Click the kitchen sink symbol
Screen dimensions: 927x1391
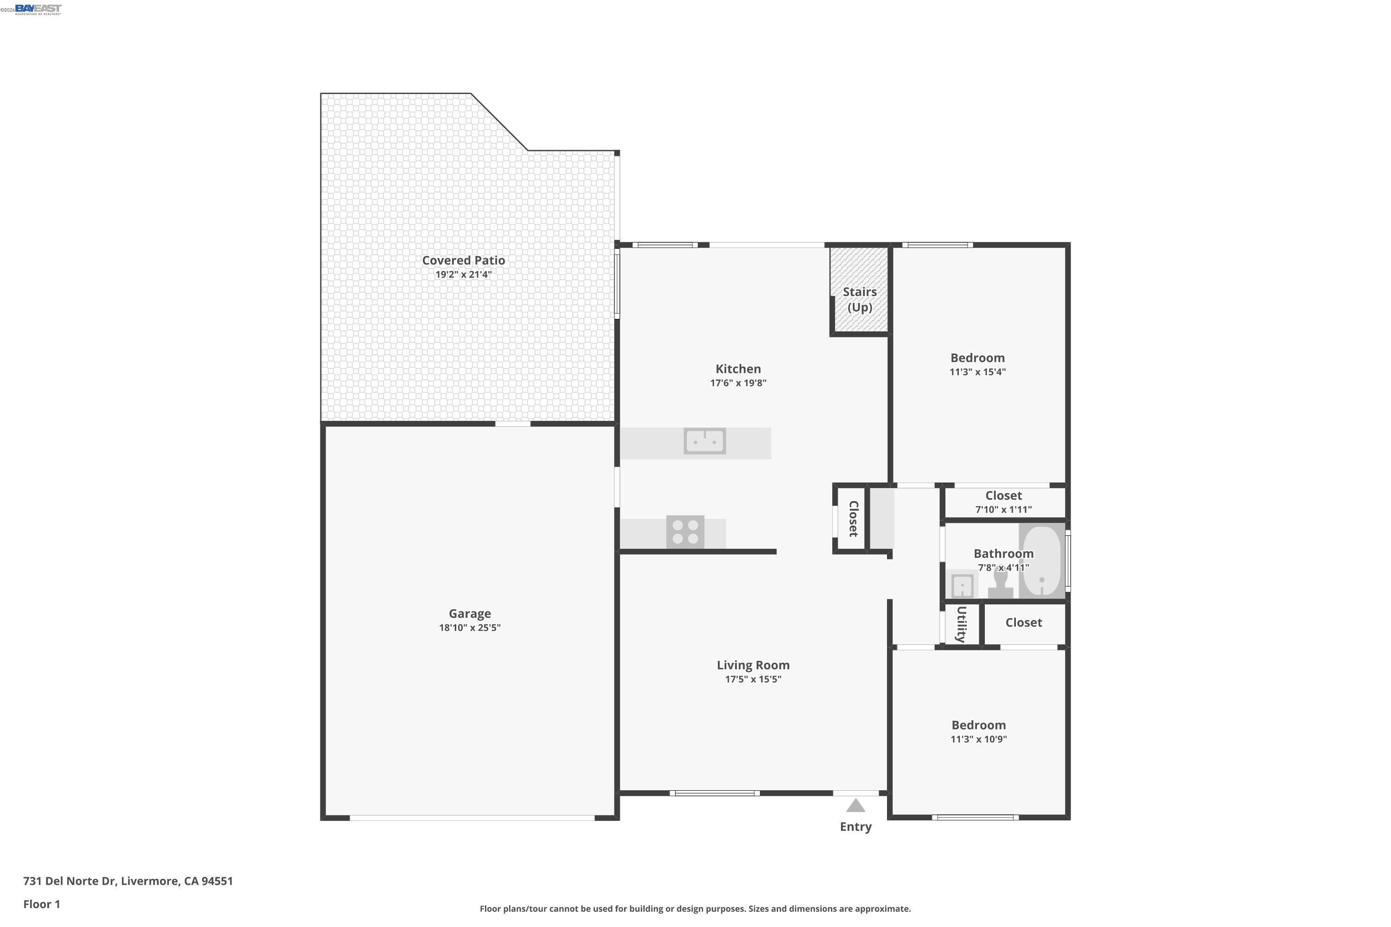click(x=704, y=441)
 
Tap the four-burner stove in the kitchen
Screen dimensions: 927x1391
click(x=685, y=532)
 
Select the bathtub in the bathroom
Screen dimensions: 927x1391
click(x=1041, y=560)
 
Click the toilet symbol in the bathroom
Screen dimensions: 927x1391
click(x=1000, y=582)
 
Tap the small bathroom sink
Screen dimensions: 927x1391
click(x=962, y=586)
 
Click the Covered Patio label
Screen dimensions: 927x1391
click(x=463, y=260)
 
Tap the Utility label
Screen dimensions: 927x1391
click(x=961, y=624)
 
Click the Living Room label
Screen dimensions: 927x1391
click(x=753, y=665)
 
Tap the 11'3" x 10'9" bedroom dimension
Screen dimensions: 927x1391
click(x=978, y=739)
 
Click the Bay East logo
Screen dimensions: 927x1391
click(x=38, y=9)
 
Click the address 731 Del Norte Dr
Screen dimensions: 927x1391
click(x=128, y=881)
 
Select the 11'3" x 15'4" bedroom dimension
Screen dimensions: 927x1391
click(x=977, y=372)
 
